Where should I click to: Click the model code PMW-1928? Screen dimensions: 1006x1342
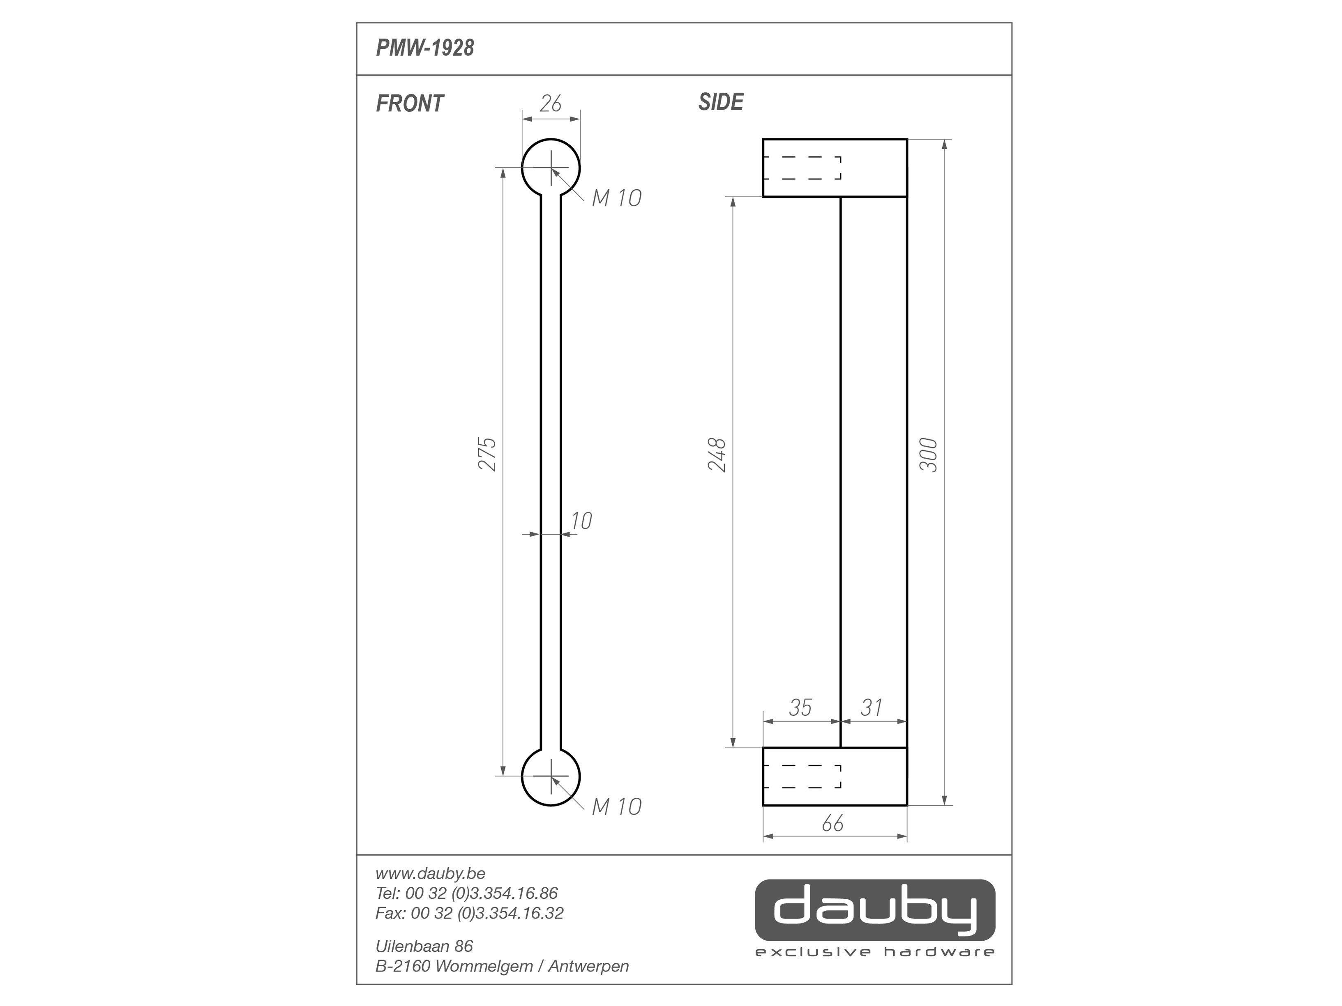pyautogui.click(x=425, y=48)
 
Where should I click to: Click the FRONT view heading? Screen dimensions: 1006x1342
pyautogui.click(x=410, y=104)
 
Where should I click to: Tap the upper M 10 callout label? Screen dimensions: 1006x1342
pyautogui.click(x=616, y=198)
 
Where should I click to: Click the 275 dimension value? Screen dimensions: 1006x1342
pyautogui.click(x=488, y=454)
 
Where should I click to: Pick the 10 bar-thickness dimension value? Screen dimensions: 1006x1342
pyautogui.click(x=581, y=521)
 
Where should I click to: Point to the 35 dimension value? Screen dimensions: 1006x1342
pyautogui.click(x=800, y=707)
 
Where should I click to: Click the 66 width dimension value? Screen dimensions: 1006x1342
pyautogui.click(x=832, y=823)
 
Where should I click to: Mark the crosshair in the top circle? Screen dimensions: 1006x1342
pyautogui.click(x=551, y=168)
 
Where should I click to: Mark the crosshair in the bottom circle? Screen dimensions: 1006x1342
pyautogui.click(x=551, y=776)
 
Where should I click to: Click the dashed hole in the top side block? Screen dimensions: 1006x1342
pyautogui.click(x=802, y=168)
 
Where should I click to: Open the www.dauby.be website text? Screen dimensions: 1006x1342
pyautogui.click(x=430, y=874)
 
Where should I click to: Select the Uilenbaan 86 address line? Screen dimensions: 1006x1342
pyautogui.click(x=424, y=946)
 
